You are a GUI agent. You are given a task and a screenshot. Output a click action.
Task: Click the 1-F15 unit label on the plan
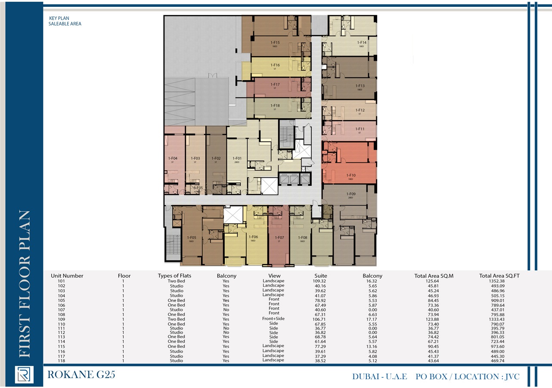275,43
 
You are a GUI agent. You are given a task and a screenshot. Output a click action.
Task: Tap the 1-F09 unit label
350,194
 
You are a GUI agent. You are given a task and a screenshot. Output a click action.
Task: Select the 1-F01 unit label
237,158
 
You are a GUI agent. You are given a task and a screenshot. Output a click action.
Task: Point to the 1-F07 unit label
279,238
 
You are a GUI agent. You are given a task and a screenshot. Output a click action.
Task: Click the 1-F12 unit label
360,110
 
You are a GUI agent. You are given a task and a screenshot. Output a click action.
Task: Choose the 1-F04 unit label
173,158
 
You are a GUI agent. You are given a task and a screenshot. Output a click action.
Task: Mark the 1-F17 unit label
275,85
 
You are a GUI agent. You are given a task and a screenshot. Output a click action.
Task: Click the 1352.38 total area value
499,281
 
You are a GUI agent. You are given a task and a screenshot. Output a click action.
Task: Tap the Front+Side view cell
274,319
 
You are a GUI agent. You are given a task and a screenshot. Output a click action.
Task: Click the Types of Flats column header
174,275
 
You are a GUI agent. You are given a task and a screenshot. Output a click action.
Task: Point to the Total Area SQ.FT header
499,275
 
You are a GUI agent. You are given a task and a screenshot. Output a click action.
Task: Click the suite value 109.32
321,281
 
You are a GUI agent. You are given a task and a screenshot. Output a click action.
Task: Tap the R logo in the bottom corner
24,375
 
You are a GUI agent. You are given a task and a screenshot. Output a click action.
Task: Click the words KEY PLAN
59,19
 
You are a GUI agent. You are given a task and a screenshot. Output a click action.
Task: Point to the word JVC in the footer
511,376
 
